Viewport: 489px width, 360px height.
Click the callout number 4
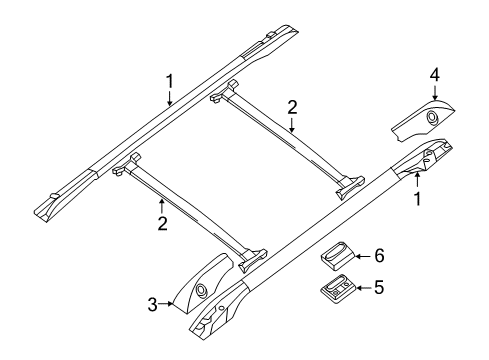(435, 75)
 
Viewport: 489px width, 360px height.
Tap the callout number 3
(152, 304)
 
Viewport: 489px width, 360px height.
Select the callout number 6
(379, 256)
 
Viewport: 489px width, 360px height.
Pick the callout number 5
(379, 287)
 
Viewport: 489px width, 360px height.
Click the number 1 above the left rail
(170, 81)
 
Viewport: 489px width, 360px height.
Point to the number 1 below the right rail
(417, 199)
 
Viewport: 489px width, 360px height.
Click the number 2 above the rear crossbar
(292, 107)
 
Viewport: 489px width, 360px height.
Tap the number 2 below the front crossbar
(162, 223)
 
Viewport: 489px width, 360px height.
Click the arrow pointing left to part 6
(363, 256)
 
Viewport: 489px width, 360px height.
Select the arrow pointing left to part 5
(363, 287)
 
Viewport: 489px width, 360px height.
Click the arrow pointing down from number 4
(435, 92)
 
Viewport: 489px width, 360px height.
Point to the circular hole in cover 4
(432, 117)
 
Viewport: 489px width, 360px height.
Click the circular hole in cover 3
(202, 289)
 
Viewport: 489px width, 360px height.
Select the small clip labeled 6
(338, 255)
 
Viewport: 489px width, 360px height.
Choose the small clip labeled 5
(338, 289)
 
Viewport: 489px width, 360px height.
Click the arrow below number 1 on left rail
(170, 98)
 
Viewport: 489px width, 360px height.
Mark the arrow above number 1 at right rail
(417, 181)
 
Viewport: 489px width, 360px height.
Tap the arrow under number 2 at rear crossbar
(292, 125)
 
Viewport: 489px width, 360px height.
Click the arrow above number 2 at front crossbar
(162, 206)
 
